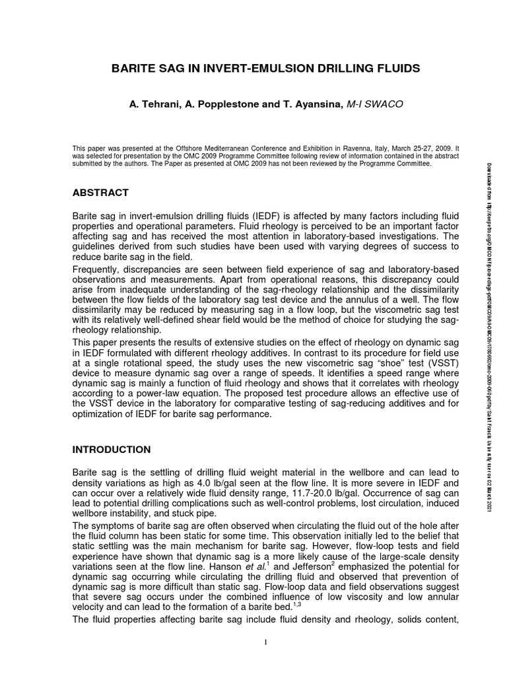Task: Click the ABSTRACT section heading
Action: tap(100, 193)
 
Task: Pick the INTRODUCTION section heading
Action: tap(111, 450)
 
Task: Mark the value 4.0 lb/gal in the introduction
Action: tap(233, 483)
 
